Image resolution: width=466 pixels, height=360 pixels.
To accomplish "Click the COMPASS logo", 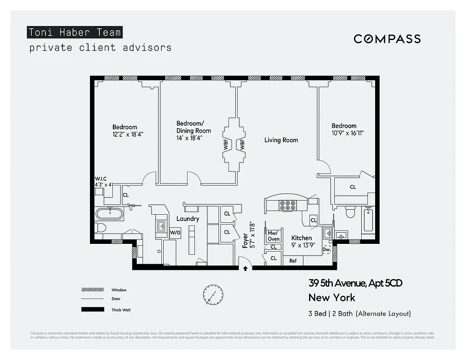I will pyautogui.click(x=387, y=39).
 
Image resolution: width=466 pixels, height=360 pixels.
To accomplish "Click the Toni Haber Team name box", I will pyautogui.click(x=74, y=32).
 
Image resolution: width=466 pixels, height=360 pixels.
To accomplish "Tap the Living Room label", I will pyautogui.click(x=281, y=140).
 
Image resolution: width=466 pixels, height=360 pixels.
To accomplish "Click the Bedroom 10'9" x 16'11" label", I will pyautogui.click(x=347, y=129).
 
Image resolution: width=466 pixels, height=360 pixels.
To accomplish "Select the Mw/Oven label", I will pyautogui.click(x=273, y=236).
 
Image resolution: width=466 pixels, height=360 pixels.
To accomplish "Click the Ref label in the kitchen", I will pyautogui.click(x=293, y=261).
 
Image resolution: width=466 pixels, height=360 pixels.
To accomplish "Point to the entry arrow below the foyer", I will pyautogui.click(x=245, y=269).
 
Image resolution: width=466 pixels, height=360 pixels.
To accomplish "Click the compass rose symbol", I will pyautogui.click(x=212, y=294).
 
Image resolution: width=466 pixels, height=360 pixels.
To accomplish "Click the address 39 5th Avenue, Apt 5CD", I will pyautogui.click(x=355, y=283).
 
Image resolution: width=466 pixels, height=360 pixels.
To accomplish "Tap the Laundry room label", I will pyautogui.click(x=188, y=219).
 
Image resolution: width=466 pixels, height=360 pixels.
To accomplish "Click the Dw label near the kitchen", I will pyautogui.click(x=326, y=249).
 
